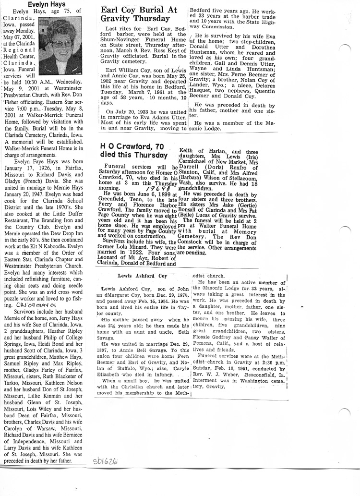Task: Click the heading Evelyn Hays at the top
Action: point(46,3)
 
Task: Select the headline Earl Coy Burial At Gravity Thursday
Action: point(139,14)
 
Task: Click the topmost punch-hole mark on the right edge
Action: point(344,48)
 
